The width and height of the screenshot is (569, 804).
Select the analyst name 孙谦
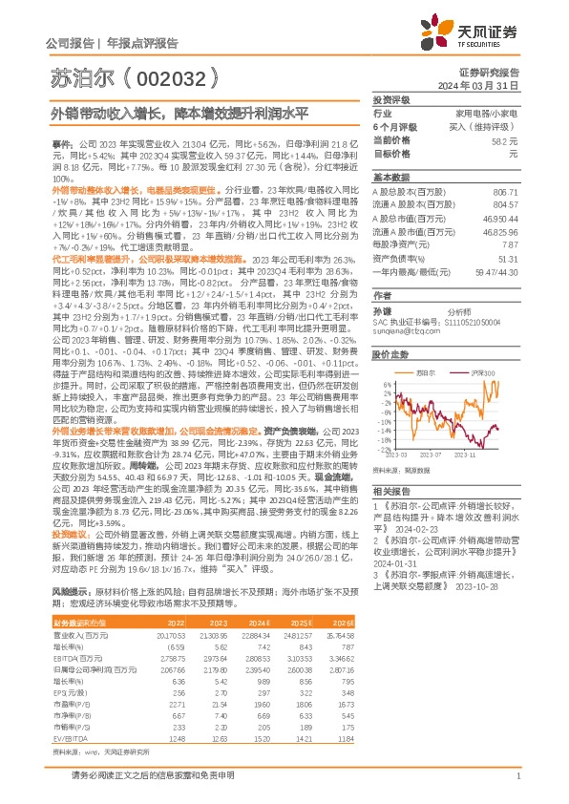click(x=382, y=311)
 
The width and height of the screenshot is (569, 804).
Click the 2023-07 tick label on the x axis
click(x=432, y=457)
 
